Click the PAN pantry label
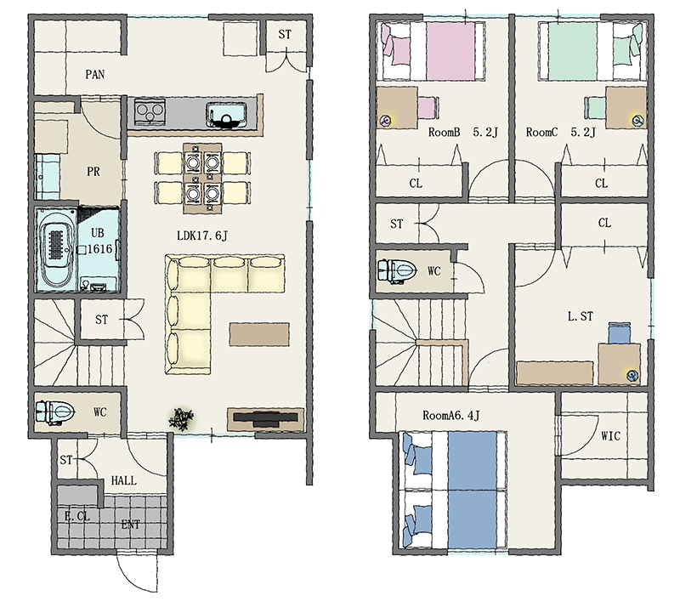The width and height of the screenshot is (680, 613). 95,74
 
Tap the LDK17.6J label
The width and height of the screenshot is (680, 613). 202,236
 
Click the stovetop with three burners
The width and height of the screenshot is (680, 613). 150,112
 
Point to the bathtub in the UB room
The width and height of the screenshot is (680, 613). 57,249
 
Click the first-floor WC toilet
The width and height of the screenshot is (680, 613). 55,412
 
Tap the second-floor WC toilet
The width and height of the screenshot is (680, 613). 397,271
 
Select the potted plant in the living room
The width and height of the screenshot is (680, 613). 181,418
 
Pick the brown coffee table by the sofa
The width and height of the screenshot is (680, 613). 259,334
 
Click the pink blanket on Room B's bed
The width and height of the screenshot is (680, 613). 450,51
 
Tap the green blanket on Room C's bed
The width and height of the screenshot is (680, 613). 573,51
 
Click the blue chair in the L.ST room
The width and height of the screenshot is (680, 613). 620,332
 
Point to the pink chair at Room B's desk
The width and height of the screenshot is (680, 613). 428,107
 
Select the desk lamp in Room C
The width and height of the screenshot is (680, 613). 637,119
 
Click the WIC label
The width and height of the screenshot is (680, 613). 610,435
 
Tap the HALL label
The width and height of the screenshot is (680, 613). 123,480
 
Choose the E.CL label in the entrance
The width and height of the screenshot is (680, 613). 76,516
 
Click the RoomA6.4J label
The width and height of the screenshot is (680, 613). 451,416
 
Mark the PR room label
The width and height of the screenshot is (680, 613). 93,172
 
